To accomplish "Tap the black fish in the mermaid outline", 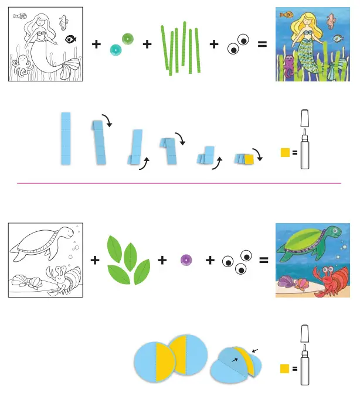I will [70, 39].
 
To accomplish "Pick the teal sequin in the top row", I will [116, 51].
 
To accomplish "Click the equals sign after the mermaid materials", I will [261, 44].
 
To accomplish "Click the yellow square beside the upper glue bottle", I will [286, 153].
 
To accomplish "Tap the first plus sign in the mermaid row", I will [96, 44].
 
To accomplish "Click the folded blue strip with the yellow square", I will [244, 158].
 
